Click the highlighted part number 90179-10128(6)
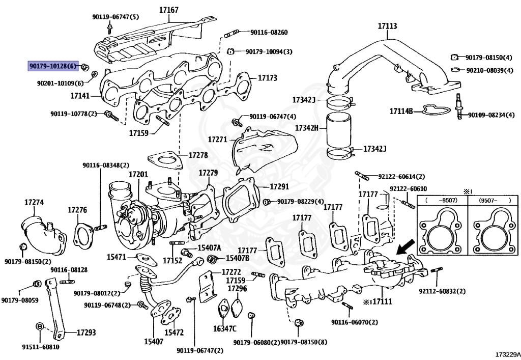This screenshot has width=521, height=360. click(x=52, y=66)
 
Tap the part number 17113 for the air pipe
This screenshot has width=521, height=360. click(x=387, y=25)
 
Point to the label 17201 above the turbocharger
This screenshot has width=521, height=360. click(x=137, y=175)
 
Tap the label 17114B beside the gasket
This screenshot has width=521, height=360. click(x=401, y=110)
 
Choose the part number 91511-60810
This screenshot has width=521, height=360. click(x=40, y=347)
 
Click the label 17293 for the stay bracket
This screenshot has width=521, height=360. click(x=86, y=333)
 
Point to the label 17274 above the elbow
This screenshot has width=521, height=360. click(x=34, y=202)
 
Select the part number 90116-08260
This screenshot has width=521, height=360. click(x=269, y=33)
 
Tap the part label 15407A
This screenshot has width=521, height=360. click(x=209, y=247)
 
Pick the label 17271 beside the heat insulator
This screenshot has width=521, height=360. click(x=217, y=139)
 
